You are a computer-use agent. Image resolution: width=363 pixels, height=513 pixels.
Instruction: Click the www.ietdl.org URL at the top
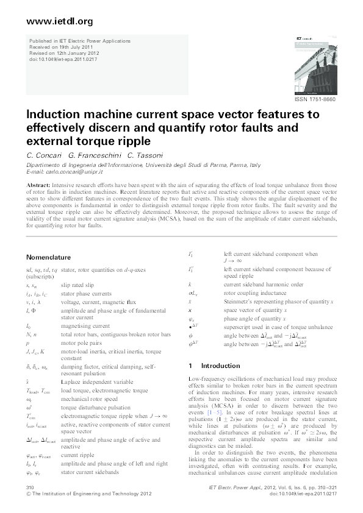(60, 21)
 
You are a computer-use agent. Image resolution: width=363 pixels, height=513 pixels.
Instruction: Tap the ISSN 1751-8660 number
(315, 99)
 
